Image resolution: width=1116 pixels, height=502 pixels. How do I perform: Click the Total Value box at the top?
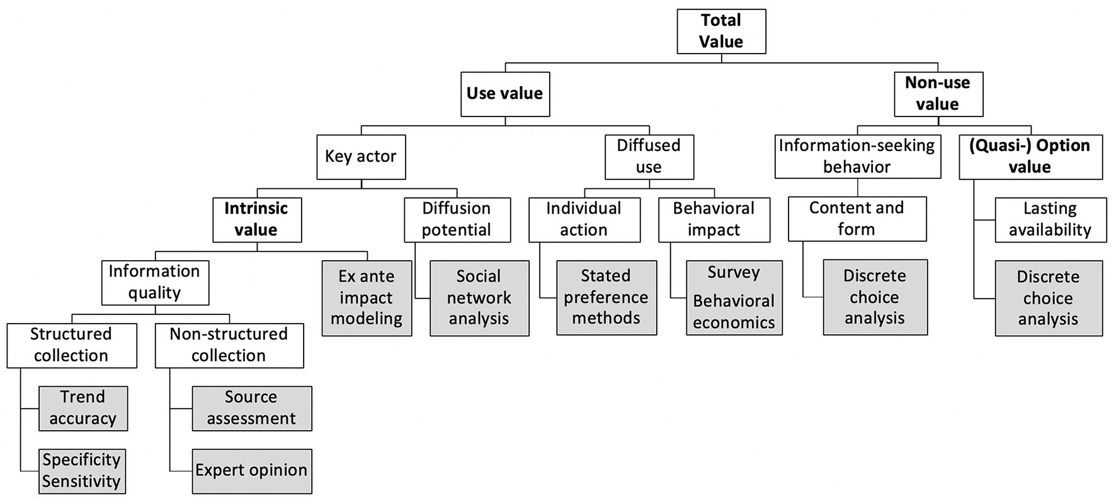coord(721,31)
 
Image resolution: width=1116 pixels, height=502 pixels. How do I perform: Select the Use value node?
coord(504,94)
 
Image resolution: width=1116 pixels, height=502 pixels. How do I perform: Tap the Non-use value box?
coord(938,94)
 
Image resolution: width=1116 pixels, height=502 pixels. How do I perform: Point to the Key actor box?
coord(360,156)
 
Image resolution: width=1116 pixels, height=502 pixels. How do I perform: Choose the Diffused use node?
coord(649,156)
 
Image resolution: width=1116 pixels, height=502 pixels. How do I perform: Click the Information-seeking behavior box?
coord(857,156)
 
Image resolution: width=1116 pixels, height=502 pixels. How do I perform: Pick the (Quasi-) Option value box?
coord(1030,156)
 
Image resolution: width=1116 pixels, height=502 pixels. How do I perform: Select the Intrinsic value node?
coord(256,219)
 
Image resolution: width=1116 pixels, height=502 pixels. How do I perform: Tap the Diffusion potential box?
coord(457,219)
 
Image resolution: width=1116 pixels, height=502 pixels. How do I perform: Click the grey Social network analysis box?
coord(479,297)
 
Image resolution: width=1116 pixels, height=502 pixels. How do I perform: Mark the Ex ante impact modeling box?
coord(367,297)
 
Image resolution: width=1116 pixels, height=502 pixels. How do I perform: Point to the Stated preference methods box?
coord(606,297)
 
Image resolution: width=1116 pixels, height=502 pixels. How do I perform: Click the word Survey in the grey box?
coord(734,273)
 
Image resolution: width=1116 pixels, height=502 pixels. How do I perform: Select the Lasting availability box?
coord(1050,219)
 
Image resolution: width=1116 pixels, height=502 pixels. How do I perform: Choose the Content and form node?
coord(857,219)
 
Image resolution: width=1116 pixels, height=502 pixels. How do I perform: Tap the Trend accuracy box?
coord(83,408)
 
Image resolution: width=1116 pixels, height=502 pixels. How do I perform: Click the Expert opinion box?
coord(251,471)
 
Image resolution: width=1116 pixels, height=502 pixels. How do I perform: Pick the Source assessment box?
coord(251,408)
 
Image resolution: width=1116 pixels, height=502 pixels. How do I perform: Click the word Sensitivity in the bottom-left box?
coord(81,482)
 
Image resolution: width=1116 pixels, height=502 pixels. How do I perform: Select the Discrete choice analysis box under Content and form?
coord(875,297)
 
